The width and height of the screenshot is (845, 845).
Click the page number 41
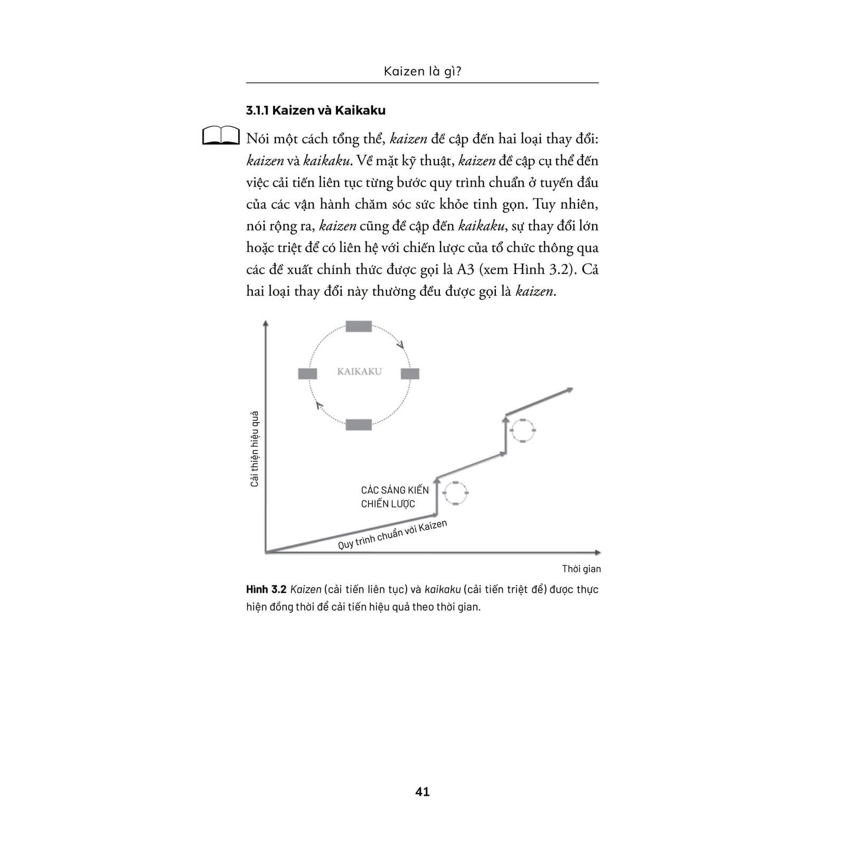pos(422,792)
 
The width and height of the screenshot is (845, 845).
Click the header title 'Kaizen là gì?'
pos(422,71)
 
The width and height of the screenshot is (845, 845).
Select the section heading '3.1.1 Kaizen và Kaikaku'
pos(316,110)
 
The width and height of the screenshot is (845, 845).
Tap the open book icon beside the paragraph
pos(221,135)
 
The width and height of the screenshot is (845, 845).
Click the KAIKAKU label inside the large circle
pos(359,371)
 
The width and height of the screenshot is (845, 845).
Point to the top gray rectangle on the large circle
pos(359,326)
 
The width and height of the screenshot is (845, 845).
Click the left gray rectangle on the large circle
pos(307,374)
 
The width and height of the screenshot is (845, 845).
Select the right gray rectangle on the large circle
pos(410,374)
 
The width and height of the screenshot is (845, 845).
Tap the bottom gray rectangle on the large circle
pos(359,424)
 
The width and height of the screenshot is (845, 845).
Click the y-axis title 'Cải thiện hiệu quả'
pos(255,448)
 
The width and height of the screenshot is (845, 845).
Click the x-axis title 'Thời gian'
pos(581,569)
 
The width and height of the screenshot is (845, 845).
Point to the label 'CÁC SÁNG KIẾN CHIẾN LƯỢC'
pos(395,497)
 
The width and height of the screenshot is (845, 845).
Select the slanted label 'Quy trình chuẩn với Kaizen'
pos(392,534)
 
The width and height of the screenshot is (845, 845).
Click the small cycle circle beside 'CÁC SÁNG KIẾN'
pos(455,493)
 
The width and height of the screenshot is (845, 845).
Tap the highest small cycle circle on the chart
pos(523,430)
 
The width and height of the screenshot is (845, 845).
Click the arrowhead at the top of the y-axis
pos(266,323)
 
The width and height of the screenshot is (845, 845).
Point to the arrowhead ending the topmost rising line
pos(569,390)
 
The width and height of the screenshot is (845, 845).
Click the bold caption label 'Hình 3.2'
pos(266,589)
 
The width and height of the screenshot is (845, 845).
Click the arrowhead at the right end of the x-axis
pos(597,552)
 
